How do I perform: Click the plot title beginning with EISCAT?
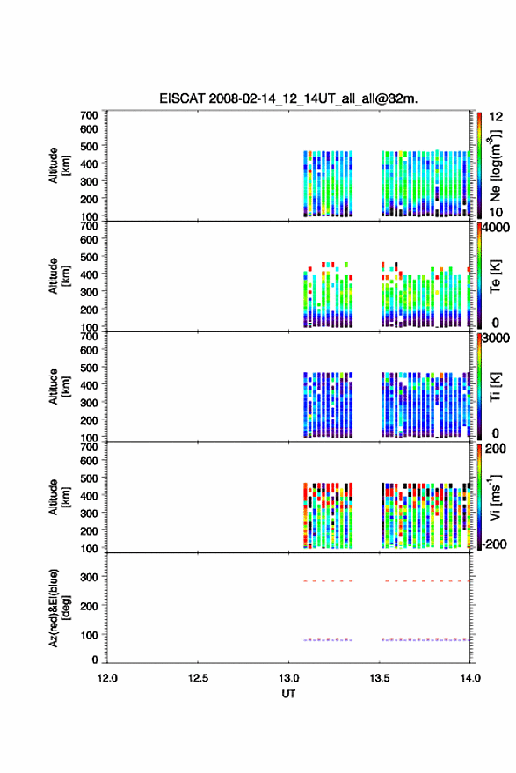click(288, 98)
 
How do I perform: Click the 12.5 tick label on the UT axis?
click(198, 678)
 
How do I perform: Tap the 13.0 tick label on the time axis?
click(289, 678)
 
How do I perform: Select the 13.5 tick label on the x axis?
click(380, 678)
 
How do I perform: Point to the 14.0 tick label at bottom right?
click(470, 678)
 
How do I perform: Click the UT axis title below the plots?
click(288, 694)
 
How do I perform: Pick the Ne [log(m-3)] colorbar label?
click(494, 165)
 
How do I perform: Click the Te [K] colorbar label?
click(495, 276)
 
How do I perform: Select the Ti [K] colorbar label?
click(495, 387)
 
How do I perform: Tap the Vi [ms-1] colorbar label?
click(494, 497)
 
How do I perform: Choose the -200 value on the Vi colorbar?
click(494, 543)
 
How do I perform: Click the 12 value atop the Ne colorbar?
click(497, 117)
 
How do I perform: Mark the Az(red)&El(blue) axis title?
click(60, 608)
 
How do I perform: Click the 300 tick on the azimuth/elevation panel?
click(89, 576)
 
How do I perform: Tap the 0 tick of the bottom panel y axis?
click(95, 660)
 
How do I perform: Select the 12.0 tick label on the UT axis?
click(107, 678)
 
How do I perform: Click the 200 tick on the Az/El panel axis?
click(89, 606)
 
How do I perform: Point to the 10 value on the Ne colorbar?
click(496, 212)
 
